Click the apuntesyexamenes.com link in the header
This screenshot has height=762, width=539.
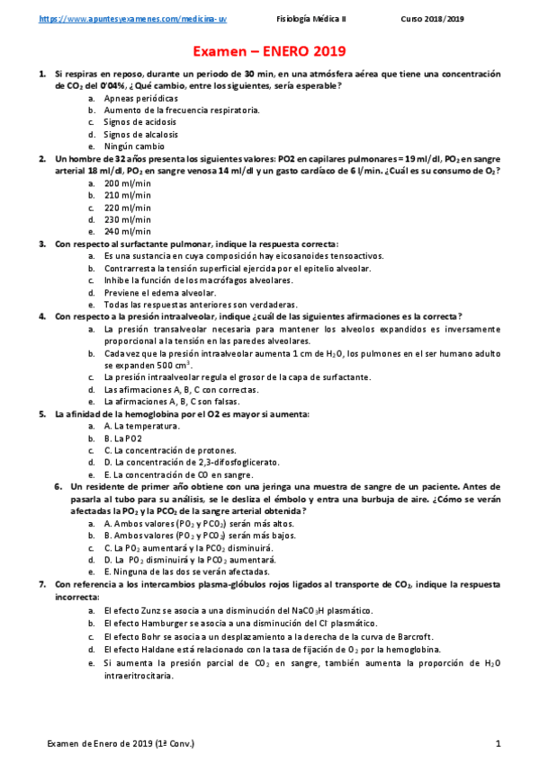click(132, 18)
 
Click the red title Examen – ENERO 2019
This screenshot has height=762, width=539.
click(269, 53)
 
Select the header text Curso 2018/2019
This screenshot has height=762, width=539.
click(432, 18)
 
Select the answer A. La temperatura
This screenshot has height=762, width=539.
click(141, 426)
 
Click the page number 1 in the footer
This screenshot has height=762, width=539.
click(498, 744)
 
